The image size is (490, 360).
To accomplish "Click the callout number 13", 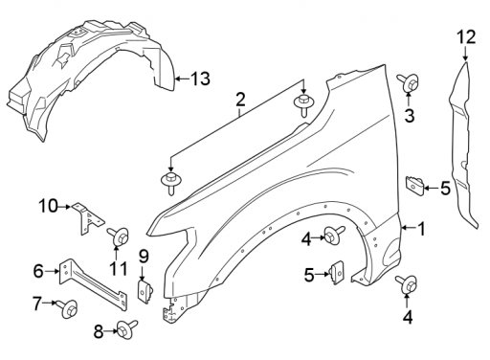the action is coord(201,79).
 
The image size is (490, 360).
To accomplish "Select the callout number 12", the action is coord(466,37).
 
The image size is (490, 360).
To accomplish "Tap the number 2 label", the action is coord(240,100).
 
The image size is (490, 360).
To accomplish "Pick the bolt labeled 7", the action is coord(67,308).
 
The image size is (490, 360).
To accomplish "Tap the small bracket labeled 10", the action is coord(87,218).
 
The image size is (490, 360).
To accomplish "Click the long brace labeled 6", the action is coord(93,282).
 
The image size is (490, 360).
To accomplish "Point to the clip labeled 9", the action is coord(145,291).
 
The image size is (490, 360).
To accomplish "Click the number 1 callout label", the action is coord(421,229).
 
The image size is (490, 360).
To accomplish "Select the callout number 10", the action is coord(49,206).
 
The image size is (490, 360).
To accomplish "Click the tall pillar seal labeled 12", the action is coord(462,144).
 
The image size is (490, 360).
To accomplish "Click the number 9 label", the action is coord(144,257).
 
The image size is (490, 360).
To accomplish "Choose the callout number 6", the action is coord(38,271).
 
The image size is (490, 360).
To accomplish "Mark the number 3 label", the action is coord(410,115).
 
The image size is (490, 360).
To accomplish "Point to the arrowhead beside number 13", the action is coord(178,79).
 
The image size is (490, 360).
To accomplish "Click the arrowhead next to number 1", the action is coord(404,228).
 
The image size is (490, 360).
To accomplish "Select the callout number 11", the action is coord(119,269).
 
